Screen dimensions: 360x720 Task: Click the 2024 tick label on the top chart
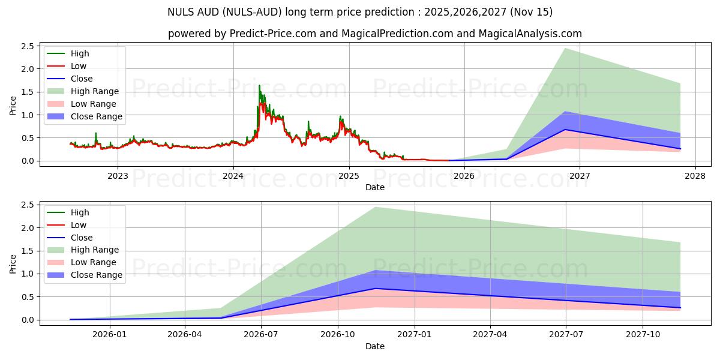click(233, 176)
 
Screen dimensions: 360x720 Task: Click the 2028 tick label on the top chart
click(695, 176)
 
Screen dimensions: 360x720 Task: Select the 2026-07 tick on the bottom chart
click(262, 335)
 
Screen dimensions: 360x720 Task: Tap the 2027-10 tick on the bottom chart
click(643, 335)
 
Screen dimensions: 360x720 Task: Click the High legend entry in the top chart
click(79, 53)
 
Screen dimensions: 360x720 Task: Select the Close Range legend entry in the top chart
click(96, 116)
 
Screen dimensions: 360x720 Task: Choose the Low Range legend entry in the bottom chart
click(94, 262)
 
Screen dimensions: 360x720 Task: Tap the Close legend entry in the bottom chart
click(82, 237)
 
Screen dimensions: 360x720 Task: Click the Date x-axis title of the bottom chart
click(375, 346)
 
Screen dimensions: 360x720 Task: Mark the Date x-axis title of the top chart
click(375, 187)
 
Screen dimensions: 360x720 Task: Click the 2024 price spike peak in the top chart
click(259, 85)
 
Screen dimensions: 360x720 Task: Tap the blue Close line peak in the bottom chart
click(376, 289)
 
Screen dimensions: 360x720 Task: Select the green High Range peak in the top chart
click(565, 48)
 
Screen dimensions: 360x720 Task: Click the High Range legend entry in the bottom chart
click(95, 250)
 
